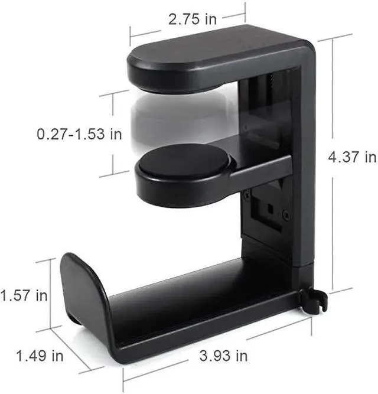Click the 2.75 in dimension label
click(192, 19)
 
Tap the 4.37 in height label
click(353, 157)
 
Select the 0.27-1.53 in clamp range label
click(79, 134)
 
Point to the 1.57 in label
click(24, 294)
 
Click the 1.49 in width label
click(40, 356)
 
